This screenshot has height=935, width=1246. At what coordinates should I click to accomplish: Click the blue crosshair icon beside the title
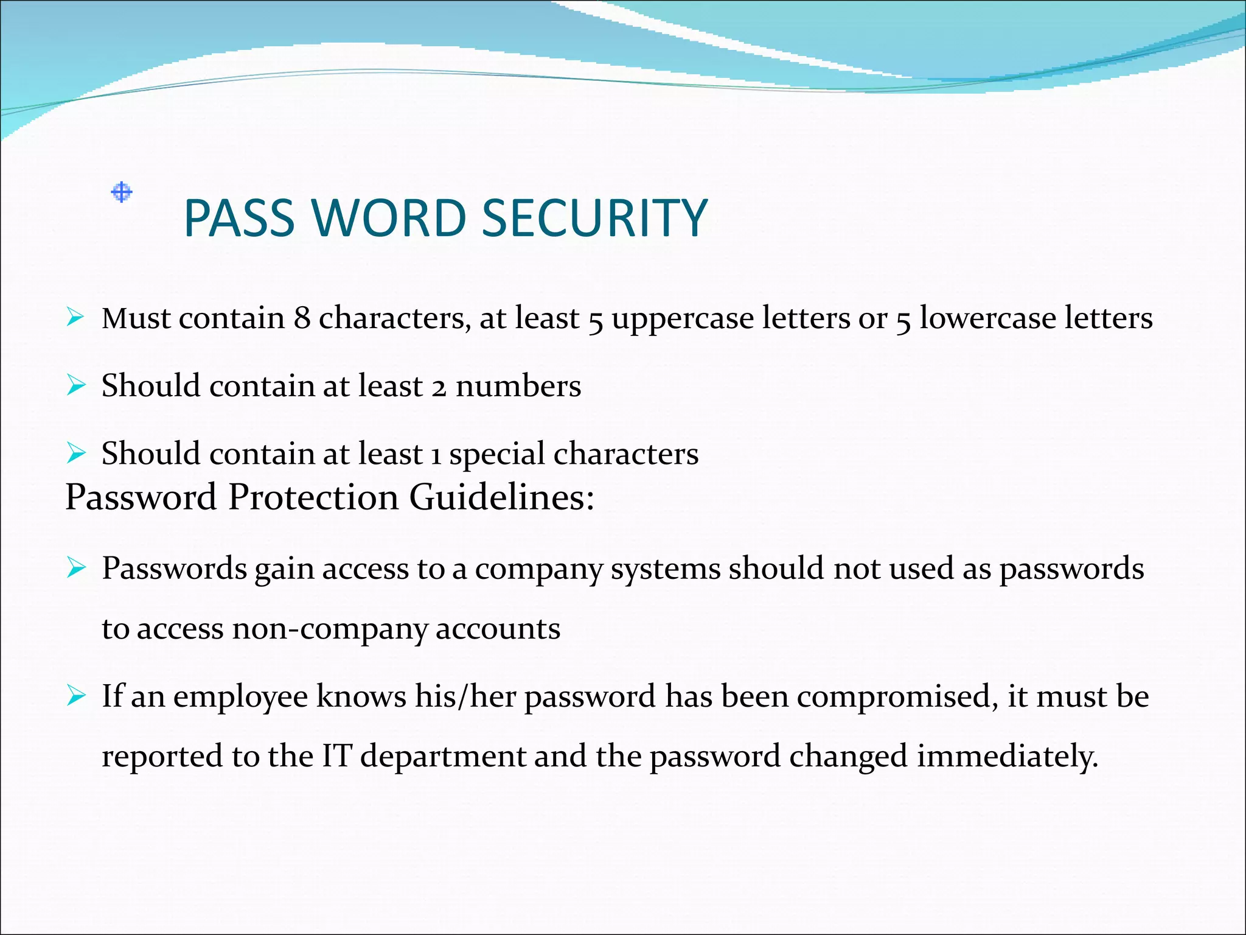(x=122, y=192)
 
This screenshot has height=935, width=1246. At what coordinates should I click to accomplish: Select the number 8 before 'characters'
(x=302, y=318)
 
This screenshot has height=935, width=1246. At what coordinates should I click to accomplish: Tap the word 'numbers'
(x=518, y=386)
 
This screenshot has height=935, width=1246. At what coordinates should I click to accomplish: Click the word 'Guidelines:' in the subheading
(x=501, y=497)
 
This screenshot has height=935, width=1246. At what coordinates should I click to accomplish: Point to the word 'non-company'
(x=329, y=629)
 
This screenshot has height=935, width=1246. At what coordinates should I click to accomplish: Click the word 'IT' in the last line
(x=336, y=756)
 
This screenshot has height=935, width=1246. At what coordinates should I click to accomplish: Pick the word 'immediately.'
(x=1008, y=757)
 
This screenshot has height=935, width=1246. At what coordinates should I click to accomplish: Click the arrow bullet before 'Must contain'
(x=75, y=317)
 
